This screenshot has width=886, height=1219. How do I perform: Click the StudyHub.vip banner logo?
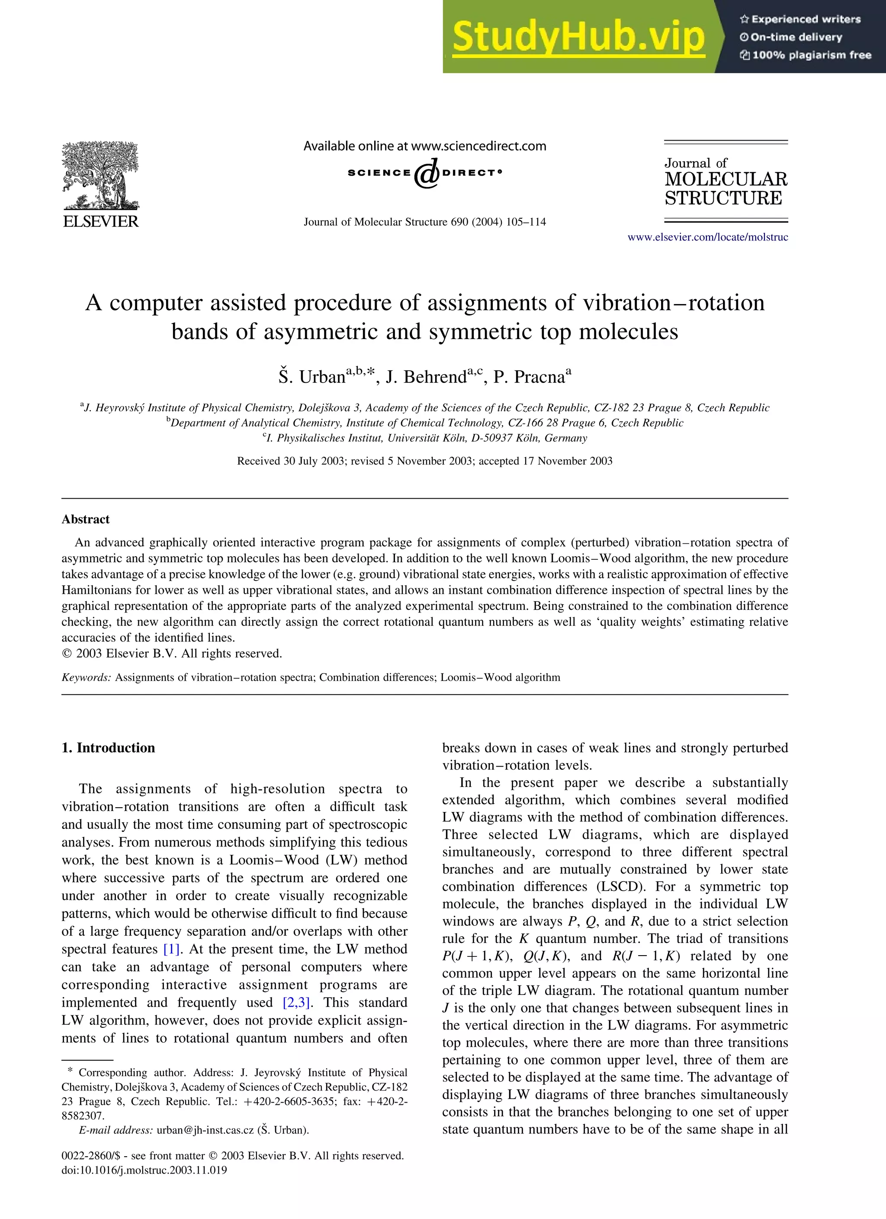point(578,36)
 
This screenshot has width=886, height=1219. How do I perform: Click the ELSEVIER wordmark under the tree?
point(100,221)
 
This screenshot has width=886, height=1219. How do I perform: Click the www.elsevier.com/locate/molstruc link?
point(707,237)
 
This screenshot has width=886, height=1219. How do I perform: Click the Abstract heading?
point(86,519)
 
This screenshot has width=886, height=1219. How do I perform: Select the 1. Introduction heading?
point(108,747)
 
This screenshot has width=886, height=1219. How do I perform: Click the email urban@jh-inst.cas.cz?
point(205,1130)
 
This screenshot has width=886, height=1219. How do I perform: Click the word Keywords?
point(86,677)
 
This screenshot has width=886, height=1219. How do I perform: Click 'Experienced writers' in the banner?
point(806,19)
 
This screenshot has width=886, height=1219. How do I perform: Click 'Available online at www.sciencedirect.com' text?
point(425,146)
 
